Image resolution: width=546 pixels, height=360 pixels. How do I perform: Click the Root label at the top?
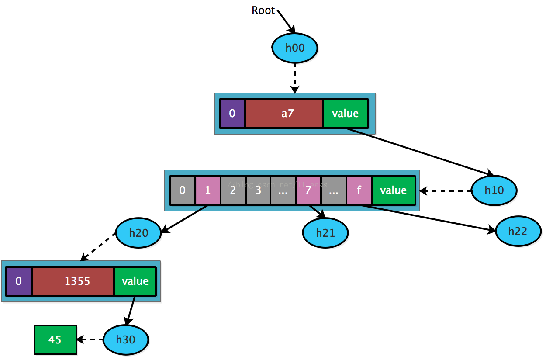(x=263, y=10)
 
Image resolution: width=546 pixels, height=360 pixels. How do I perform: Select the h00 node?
(x=295, y=47)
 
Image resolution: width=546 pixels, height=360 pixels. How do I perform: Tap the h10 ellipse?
(x=494, y=190)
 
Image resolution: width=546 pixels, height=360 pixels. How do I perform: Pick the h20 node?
(x=138, y=233)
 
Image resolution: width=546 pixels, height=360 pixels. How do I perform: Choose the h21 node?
(x=325, y=233)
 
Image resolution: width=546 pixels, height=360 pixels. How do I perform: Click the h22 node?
(x=518, y=231)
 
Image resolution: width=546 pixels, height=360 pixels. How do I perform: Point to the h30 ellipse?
(x=126, y=339)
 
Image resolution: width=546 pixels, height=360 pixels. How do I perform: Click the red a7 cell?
(x=284, y=114)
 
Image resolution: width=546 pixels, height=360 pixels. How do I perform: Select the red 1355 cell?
(x=73, y=281)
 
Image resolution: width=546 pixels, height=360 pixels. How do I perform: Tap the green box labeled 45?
(x=55, y=339)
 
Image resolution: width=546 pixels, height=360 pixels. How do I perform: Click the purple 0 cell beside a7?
(x=232, y=114)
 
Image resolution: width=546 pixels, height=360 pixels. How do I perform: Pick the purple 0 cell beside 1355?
(x=19, y=281)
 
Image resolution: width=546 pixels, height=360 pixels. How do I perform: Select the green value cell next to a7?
(x=345, y=114)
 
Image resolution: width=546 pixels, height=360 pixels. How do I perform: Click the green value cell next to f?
(x=393, y=190)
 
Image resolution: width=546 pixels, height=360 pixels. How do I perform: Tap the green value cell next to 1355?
(x=135, y=281)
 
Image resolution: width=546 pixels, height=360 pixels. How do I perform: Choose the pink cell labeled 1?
(x=208, y=190)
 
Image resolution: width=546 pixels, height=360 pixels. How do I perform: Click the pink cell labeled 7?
(x=308, y=190)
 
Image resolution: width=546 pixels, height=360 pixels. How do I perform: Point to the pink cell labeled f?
(x=359, y=190)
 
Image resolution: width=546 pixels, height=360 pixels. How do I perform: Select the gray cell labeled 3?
(x=258, y=190)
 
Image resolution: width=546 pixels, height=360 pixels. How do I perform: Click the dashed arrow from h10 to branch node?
(x=446, y=191)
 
